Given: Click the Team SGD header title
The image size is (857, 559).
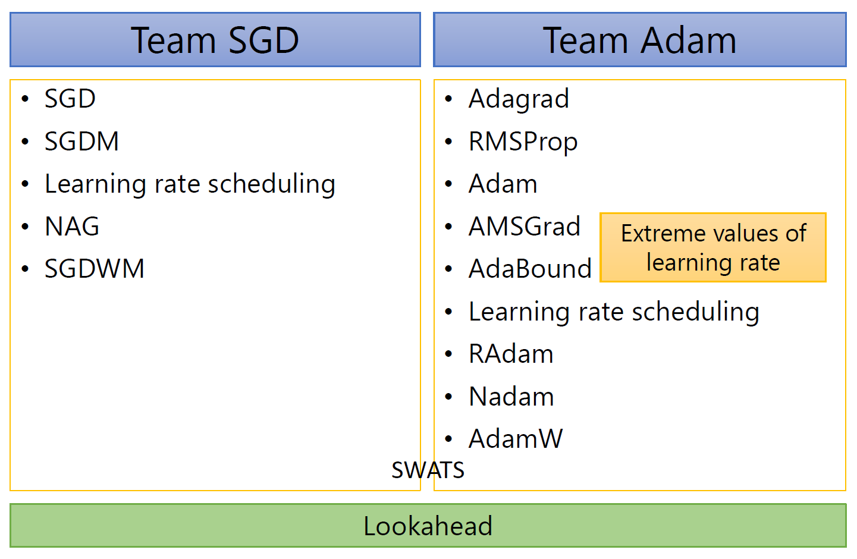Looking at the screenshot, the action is tap(215, 40).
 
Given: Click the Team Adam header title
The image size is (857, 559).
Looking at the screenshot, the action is tap(640, 40).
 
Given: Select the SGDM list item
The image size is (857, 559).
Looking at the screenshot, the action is tap(81, 141).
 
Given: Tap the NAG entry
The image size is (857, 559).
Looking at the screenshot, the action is tap(72, 226).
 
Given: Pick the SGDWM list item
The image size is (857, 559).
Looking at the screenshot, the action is tap(94, 269).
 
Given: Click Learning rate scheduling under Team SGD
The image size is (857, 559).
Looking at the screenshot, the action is tap(190, 184).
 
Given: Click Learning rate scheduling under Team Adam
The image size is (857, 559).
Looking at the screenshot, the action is tap(614, 312).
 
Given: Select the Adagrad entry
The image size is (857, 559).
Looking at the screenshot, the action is tap(519, 99).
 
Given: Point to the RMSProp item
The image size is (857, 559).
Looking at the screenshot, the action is tap(523, 142).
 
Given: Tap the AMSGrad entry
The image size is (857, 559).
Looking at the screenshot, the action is tap(525, 226).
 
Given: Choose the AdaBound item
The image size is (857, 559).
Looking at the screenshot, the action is tap(530, 269).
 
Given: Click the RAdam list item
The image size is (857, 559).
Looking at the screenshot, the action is tap(511, 354).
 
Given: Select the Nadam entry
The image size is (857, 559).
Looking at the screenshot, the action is tap(511, 397).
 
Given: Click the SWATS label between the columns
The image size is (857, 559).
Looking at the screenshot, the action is tap(428, 470).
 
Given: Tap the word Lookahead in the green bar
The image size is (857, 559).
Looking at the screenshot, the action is tap(428, 526).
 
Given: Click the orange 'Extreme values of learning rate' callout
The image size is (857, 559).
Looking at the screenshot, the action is tap(713, 247).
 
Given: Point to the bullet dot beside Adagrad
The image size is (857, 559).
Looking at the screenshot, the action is tap(448, 99).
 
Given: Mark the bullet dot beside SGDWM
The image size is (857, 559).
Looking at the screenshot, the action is tap(25, 269).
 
